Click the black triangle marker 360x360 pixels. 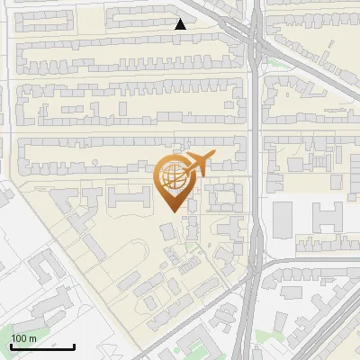tap(181, 24)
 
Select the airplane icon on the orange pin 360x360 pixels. tap(197, 165)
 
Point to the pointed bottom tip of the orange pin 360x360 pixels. tap(174, 211)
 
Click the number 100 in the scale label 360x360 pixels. tap(19, 338)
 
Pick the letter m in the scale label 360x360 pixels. tap(33, 338)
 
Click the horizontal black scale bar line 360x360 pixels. tap(42, 347)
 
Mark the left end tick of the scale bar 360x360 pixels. tap(12, 346)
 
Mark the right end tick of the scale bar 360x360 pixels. tap(74, 346)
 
